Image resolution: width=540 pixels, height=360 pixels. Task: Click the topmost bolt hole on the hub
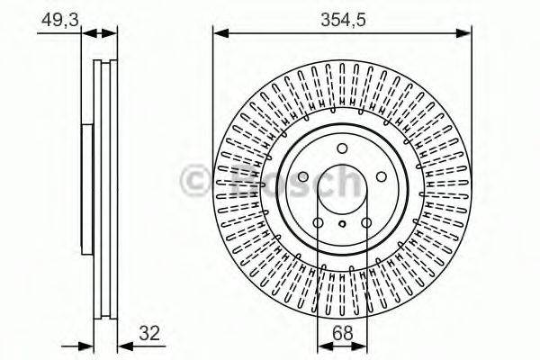pyautogui.click(x=342, y=149)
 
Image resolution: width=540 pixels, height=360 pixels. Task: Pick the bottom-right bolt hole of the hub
pyautogui.click(x=366, y=224)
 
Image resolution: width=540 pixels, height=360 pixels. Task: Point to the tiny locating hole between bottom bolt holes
pyautogui.click(x=342, y=226)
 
